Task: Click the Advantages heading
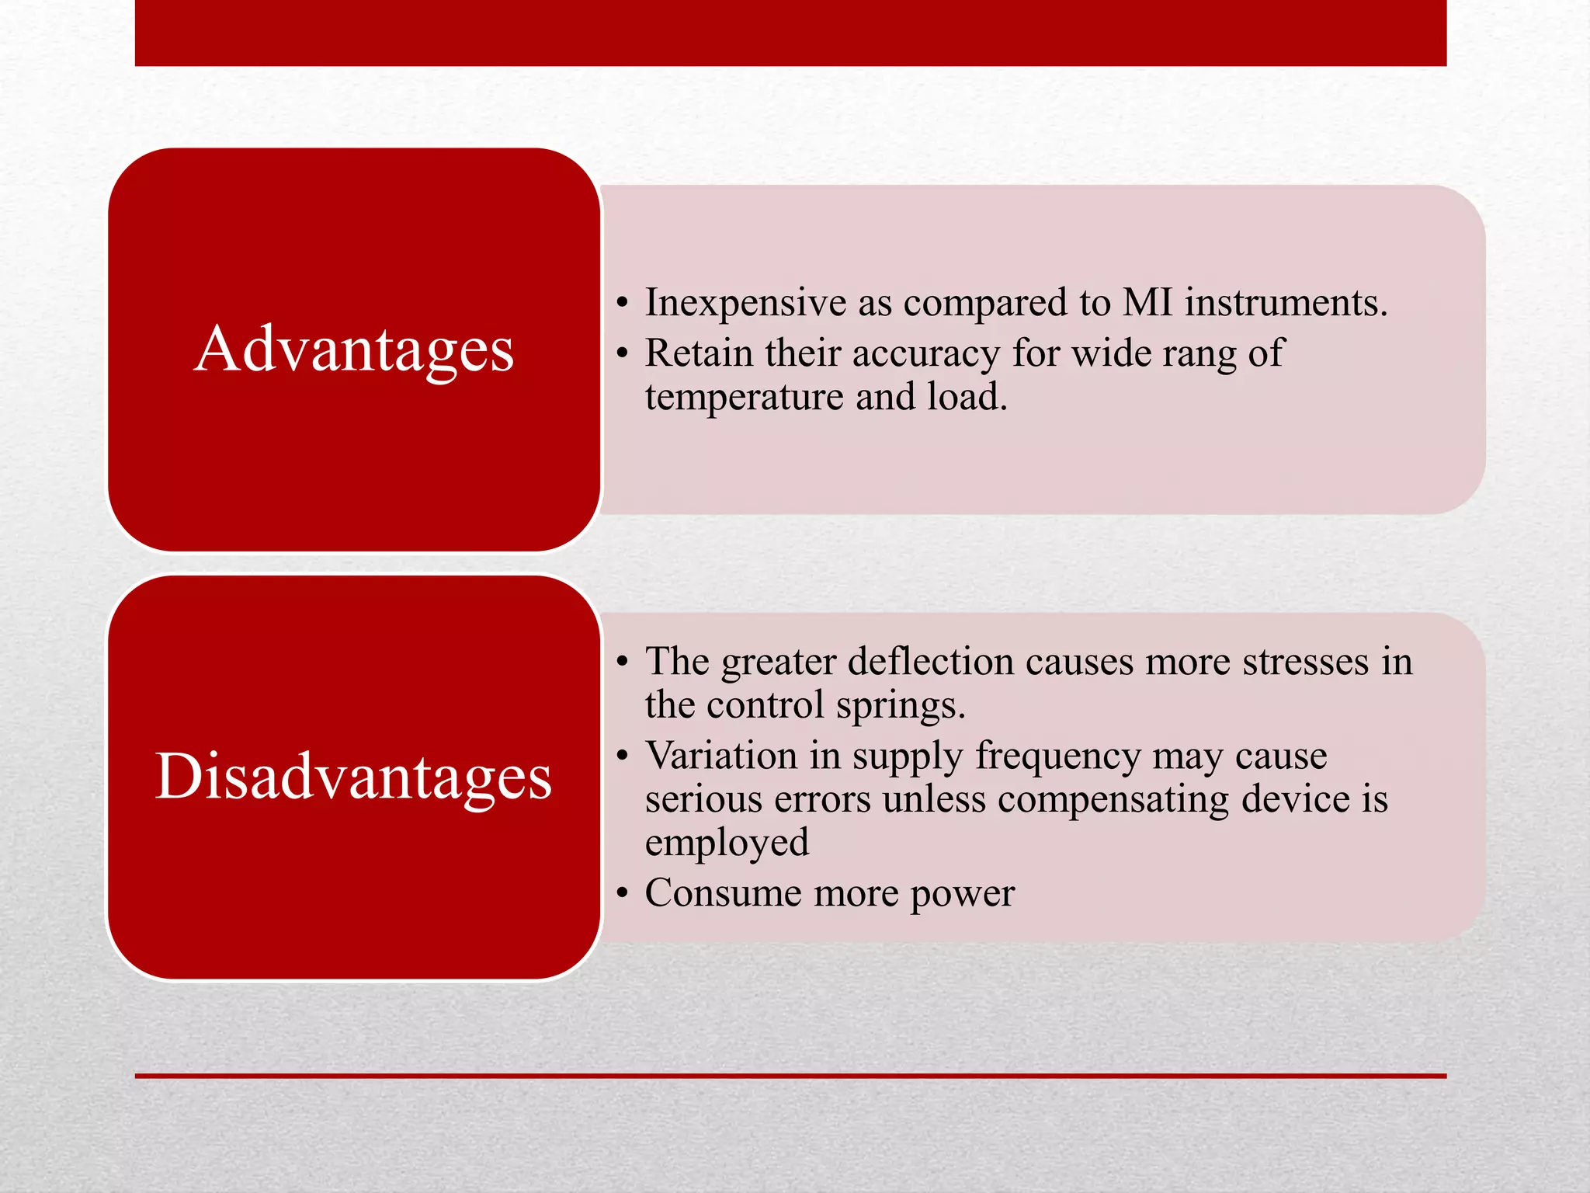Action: coord(354,350)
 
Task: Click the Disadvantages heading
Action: coord(354,777)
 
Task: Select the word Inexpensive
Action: coord(745,303)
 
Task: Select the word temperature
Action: coord(744,398)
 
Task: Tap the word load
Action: coord(967,397)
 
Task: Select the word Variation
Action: coord(721,756)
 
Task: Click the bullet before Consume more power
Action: coord(622,894)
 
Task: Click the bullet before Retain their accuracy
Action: coord(622,354)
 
